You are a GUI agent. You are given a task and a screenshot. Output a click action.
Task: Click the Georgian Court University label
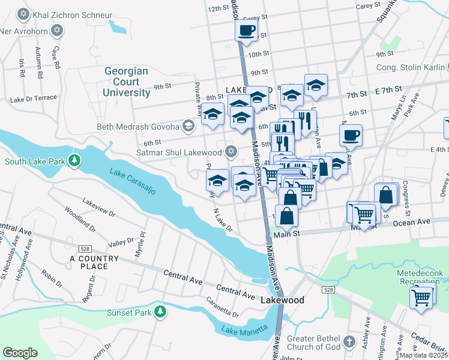[x=126, y=82]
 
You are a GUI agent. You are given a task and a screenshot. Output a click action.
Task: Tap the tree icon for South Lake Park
[x=74, y=161]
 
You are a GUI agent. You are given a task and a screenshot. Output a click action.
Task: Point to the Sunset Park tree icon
[x=160, y=312]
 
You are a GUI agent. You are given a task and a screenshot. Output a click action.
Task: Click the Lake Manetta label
[x=242, y=330]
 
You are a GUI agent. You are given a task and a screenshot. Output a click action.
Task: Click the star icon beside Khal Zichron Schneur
[x=23, y=13]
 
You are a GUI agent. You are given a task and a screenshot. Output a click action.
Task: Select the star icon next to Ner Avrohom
[x=57, y=30]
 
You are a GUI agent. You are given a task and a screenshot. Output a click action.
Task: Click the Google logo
[x=20, y=353]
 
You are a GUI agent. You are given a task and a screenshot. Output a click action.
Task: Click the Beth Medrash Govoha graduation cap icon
[x=189, y=126]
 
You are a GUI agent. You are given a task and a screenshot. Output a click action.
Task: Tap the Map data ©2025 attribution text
[x=423, y=355]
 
